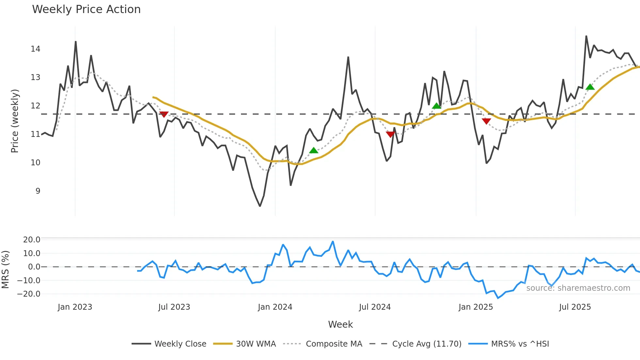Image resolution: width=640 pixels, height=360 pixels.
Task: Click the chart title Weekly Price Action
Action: pyautogui.click(x=86, y=9)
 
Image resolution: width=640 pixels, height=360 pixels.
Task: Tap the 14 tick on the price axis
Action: pyautogui.click(x=36, y=49)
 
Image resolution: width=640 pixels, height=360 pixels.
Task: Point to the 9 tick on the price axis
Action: pyautogui.click(x=38, y=191)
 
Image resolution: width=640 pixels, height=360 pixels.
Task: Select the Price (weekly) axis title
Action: pyautogui.click(x=15, y=121)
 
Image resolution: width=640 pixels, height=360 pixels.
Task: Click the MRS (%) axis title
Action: pyautogui.click(x=5, y=270)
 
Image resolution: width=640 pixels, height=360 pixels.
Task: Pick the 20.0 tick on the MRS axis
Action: pyautogui.click(x=32, y=240)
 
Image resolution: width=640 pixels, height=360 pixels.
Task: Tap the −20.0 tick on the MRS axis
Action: pyautogui.click(x=29, y=294)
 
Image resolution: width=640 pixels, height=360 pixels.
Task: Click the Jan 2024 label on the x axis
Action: pyautogui.click(x=275, y=307)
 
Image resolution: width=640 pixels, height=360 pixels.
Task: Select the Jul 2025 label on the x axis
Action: pyautogui.click(x=575, y=307)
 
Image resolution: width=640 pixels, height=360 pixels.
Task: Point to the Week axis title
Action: pyautogui.click(x=340, y=324)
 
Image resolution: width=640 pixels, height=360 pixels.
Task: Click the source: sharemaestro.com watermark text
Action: pyautogui.click(x=578, y=288)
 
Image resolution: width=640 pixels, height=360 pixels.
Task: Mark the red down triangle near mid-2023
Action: pyautogui.click(x=164, y=114)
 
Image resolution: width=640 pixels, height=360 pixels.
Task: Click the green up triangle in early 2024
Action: pyautogui.click(x=313, y=150)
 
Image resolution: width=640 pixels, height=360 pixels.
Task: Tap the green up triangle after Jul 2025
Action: pyautogui.click(x=590, y=87)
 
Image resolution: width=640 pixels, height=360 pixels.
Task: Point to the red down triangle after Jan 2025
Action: pyautogui.click(x=486, y=121)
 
